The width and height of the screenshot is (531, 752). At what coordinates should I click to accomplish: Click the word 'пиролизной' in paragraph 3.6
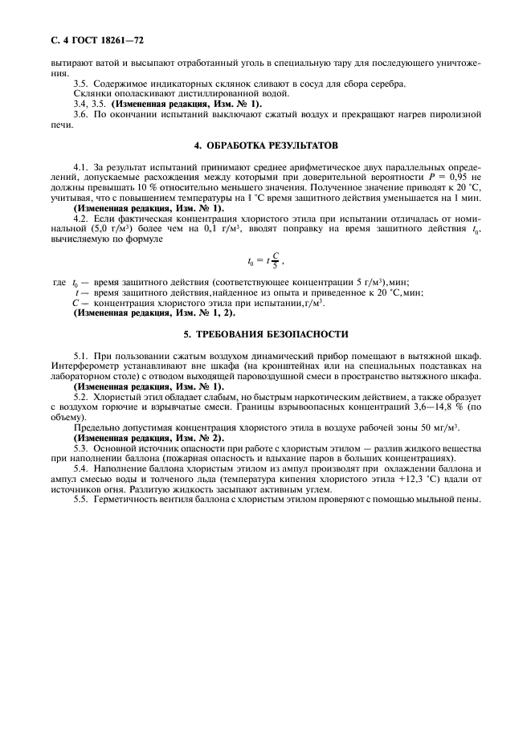(455, 115)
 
